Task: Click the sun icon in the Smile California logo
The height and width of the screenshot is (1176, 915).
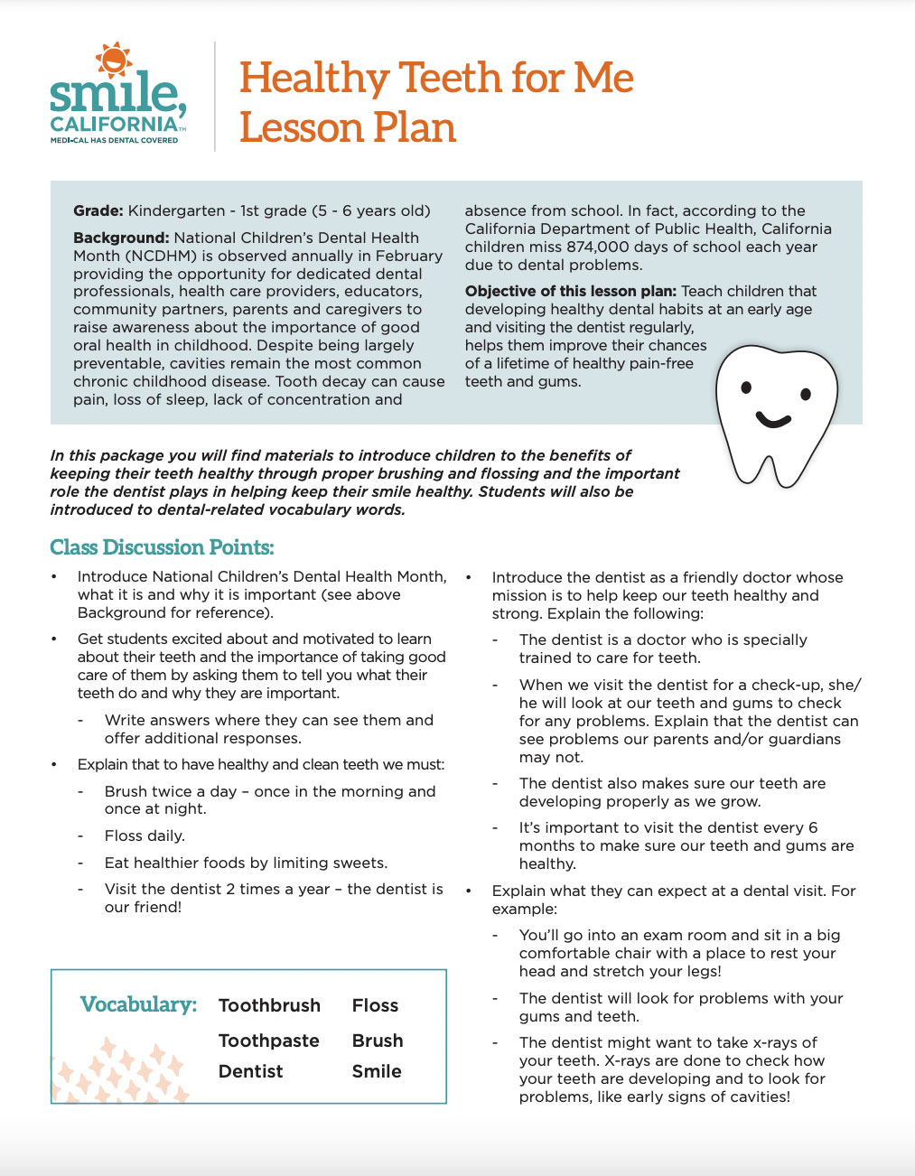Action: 114,60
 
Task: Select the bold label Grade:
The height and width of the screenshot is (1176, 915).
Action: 98,210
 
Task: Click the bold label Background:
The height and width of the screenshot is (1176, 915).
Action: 121,238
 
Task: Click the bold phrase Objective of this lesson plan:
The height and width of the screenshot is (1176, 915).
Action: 571,291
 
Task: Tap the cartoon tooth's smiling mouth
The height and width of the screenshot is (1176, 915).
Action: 773,419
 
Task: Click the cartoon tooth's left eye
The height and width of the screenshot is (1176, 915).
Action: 747,388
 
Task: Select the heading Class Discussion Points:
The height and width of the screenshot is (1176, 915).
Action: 162,547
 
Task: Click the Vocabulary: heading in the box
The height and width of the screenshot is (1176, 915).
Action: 138,1004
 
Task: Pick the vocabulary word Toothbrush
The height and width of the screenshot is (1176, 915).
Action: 269,1005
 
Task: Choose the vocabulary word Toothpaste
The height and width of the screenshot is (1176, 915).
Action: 268,1041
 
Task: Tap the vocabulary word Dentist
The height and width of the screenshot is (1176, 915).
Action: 250,1071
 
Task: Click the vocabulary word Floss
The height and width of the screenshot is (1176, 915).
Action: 375,1005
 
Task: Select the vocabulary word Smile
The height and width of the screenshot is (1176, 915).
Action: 377,1071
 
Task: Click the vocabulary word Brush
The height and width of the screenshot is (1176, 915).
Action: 378,1041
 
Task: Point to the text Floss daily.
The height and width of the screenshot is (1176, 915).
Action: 145,835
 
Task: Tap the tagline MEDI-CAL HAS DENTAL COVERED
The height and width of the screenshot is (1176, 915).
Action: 114,141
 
